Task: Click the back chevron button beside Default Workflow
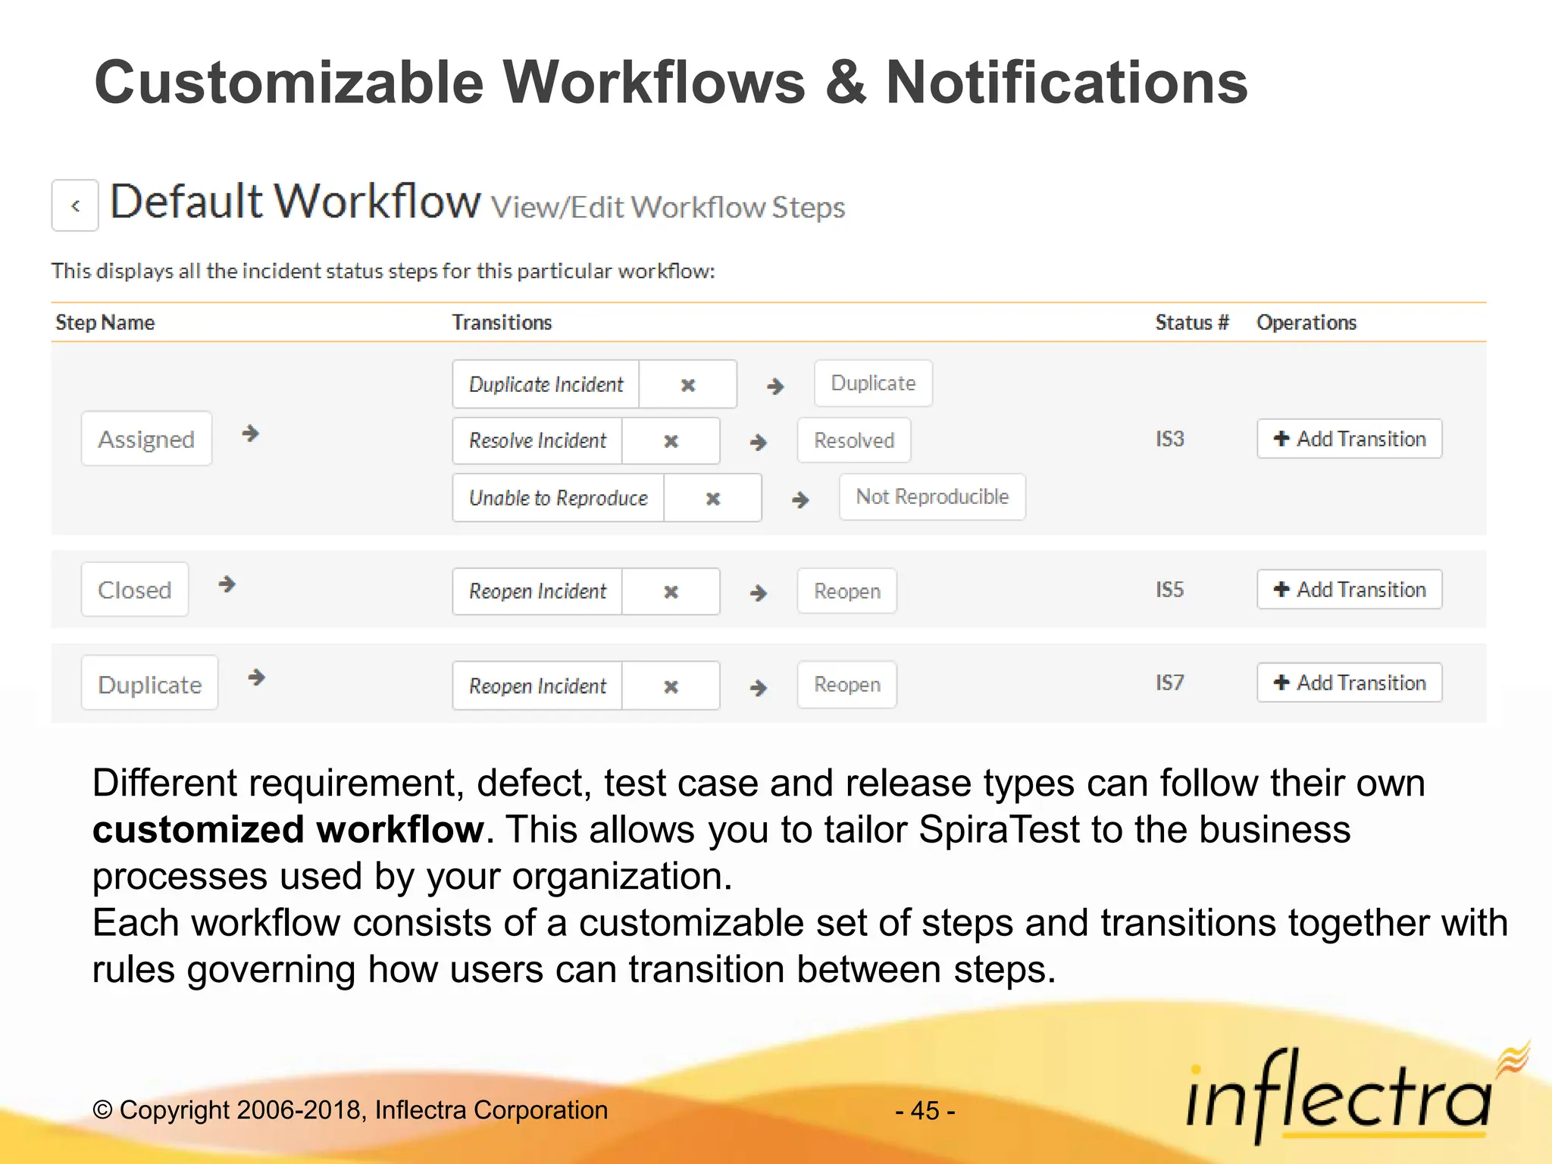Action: click(x=75, y=205)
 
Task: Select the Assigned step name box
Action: click(x=146, y=439)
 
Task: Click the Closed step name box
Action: click(x=135, y=590)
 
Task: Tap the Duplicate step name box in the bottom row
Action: click(x=150, y=684)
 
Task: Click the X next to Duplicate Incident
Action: click(x=687, y=385)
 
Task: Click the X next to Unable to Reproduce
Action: click(x=712, y=499)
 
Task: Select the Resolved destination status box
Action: click(x=854, y=440)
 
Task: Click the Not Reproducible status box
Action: click(x=932, y=497)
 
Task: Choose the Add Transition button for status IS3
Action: click(x=1349, y=439)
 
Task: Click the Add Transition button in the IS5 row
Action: click(x=1349, y=590)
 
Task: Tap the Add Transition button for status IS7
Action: click(x=1349, y=683)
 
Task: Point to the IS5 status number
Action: click(x=1169, y=590)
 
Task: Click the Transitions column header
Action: click(x=502, y=323)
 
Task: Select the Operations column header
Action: click(x=1306, y=323)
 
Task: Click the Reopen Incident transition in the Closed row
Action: click(x=537, y=591)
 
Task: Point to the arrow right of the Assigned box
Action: click(x=250, y=433)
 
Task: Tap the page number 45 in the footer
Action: click(x=925, y=1111)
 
